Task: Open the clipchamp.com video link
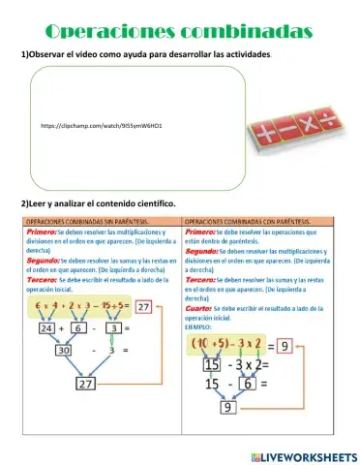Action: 102,126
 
